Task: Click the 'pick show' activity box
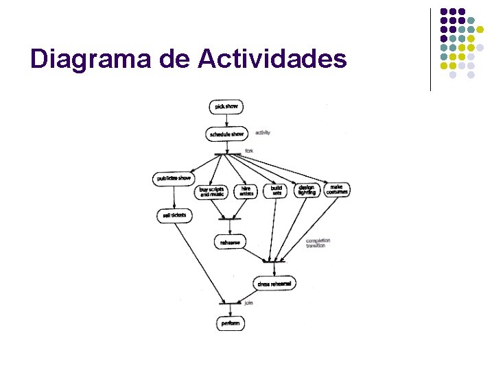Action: click(226, 107)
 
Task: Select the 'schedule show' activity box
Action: click(226, 134)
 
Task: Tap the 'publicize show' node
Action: click(174, 179)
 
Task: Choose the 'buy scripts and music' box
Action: click(213, 191)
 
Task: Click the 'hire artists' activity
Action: click(246, 191)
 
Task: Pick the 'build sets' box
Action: click(276, 190)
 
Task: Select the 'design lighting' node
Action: click(307, 190)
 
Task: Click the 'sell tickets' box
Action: click(174, 216)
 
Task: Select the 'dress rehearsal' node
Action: click(274, 284)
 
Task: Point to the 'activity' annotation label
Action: click(263, 133)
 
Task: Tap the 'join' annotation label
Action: click(249, 301)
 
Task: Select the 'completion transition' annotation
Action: click(318, 243)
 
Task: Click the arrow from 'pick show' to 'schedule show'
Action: click(226, 121)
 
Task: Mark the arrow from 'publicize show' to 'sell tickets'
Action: click(174, 197)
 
